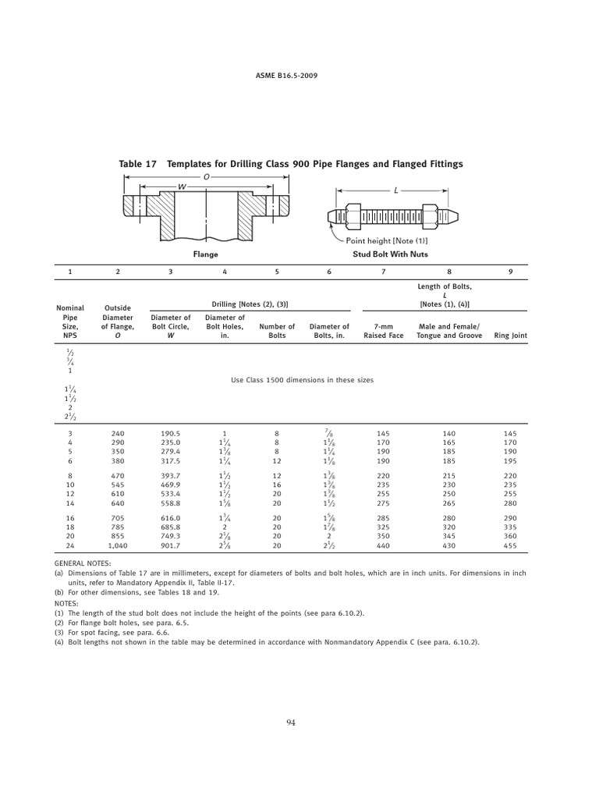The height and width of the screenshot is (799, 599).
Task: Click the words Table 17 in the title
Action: click(137, 164)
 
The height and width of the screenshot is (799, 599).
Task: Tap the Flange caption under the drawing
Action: click(205, 254)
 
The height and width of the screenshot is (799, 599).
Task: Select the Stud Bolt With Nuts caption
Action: click(390, 254)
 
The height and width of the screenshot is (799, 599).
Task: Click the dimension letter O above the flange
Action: click(207, 177)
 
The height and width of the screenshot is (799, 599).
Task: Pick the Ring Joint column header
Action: click(511, 336)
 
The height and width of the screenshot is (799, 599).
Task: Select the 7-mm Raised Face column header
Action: click(383, 331)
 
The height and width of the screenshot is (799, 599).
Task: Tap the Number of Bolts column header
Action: click(277, 331)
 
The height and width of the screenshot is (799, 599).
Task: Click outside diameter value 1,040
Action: click(118, 547)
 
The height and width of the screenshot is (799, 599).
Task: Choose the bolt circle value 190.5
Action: click(170, 433)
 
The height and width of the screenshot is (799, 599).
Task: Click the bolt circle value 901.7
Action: click(170, 547)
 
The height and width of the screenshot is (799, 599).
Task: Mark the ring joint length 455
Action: click(510, 547)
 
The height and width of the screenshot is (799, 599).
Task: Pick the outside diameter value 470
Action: click(118, 475)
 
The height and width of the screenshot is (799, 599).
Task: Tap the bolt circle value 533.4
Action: click(170, 494)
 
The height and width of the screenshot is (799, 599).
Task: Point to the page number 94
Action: click(291, 723)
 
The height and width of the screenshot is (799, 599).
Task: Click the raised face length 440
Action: click(383, 547)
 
